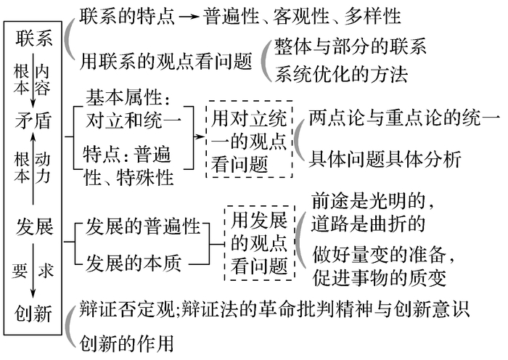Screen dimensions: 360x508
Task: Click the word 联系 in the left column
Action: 34,38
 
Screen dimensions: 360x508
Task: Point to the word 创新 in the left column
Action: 34,314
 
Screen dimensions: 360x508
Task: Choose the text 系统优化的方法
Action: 340,74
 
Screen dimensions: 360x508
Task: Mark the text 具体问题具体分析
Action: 385,159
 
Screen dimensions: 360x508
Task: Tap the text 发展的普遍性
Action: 142,226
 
